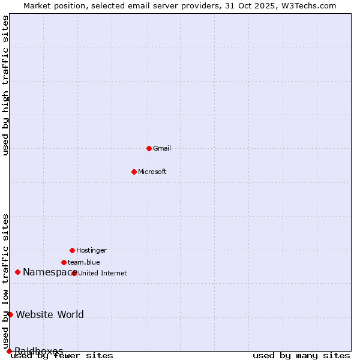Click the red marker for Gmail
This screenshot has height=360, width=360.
click(x=149, y=148)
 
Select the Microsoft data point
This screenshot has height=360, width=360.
click(x=134, y=172)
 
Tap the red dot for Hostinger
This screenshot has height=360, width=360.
click(x=72, y=250)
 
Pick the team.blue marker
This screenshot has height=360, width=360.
click(x=64, y=262)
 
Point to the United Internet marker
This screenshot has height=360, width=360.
click(x=74, y=273)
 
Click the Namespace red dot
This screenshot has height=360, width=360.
click(x=17, y=272)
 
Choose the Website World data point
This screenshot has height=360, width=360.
click(x=10, y=314)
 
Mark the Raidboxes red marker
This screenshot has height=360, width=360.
click(x=9, y=351)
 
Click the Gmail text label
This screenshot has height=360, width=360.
click(x=162, y=148)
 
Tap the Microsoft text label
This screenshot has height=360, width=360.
click(x=152, y=172)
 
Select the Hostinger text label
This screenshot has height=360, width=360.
click(x=91, y=250)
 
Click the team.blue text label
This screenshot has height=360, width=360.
click(x=84, y=262)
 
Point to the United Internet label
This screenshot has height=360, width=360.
click(x=103, y=273)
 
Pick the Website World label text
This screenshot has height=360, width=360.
click(x=50, y=314)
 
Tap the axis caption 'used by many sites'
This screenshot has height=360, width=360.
click(x=301, y=356)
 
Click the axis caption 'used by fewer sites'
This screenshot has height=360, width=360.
click(x=62, y=356)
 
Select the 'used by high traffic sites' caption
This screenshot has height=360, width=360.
click(x=6, y=86)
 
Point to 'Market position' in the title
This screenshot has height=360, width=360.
click(x=52, y=5)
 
